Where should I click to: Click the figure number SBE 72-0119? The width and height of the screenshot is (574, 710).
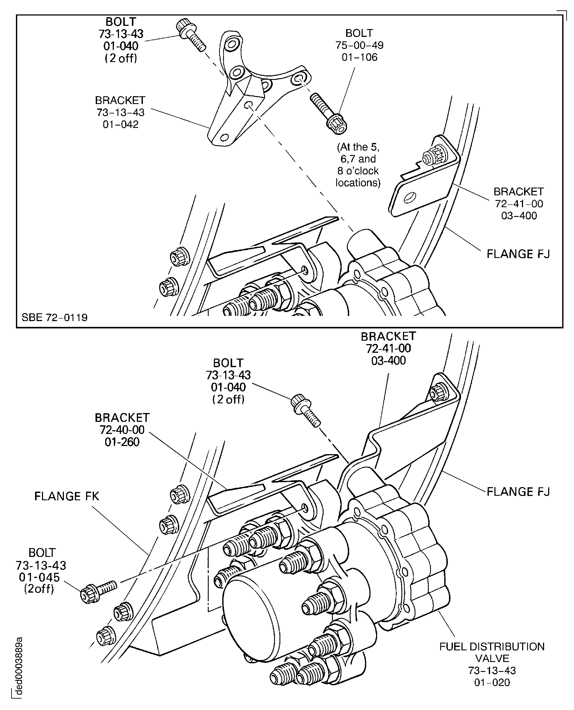55,317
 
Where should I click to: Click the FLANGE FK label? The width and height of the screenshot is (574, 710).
67,496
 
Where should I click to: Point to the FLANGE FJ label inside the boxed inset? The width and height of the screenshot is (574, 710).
518,254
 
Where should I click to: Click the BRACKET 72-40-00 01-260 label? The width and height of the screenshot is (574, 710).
122,430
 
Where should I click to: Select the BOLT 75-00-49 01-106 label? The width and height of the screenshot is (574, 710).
360,45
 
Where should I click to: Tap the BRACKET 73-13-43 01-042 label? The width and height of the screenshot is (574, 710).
120,112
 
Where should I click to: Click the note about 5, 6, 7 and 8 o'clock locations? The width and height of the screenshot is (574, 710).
358,165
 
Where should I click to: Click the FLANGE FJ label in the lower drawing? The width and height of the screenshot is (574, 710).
518,492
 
